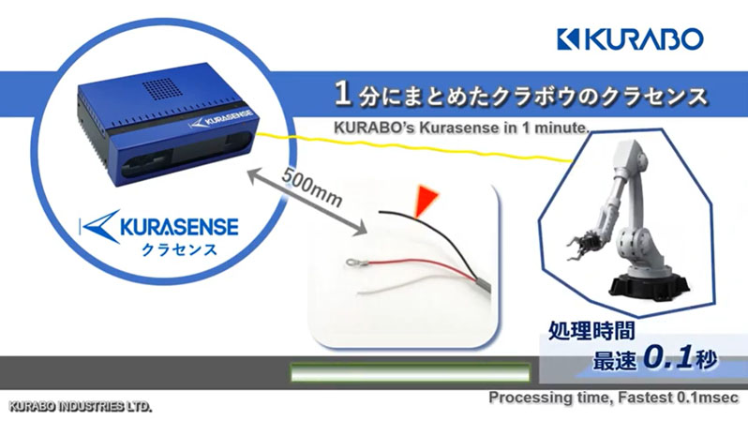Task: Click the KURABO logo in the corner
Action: tap(630, 39)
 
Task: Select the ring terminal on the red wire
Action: tap(354, 262)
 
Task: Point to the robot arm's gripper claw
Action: tap(584, 244)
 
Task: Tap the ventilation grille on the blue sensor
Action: tap(161, 88)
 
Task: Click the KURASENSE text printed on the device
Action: tap(223, 118)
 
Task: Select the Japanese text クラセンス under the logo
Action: tap(179, 249)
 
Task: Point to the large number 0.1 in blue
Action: tap(667, 357)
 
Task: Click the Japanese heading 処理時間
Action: tap(591, 330)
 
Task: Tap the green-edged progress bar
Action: tap(411, 372)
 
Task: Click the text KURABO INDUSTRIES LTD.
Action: tap(81, 407)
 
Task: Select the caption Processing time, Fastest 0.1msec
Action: tap(613, 398)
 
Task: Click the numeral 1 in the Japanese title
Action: tap(342, 94)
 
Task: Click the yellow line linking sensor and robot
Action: tap(414, 145)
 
